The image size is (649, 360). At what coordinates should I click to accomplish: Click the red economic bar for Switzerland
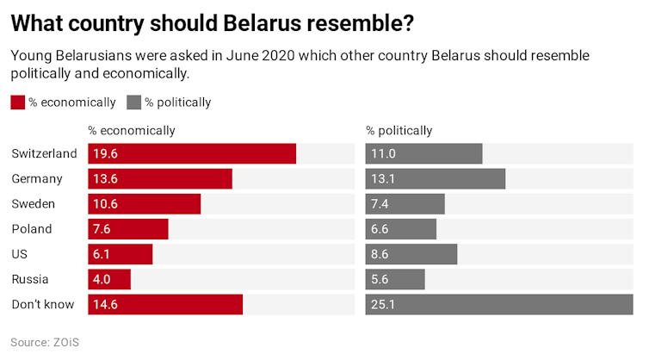192,154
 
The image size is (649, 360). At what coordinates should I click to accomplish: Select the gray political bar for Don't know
499,305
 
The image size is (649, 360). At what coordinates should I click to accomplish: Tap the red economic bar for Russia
109,280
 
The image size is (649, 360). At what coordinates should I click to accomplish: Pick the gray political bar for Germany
435,179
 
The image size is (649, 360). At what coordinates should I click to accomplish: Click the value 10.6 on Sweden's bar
106,204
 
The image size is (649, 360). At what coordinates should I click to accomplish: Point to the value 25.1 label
382,305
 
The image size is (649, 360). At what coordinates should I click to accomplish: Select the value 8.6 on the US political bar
380,255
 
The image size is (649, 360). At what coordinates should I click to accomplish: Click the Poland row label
32,229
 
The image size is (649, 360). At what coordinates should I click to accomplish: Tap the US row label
20,254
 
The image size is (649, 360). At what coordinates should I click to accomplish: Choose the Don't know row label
43,304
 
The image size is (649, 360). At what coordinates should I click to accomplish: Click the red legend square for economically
17,102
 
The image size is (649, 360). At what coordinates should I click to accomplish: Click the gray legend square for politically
133,102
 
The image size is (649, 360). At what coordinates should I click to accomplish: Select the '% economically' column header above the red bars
131,131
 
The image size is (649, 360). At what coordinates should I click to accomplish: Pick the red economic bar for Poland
128,229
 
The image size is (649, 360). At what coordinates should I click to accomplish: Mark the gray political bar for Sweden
405,204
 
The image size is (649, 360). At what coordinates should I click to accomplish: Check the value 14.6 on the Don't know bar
106,305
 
